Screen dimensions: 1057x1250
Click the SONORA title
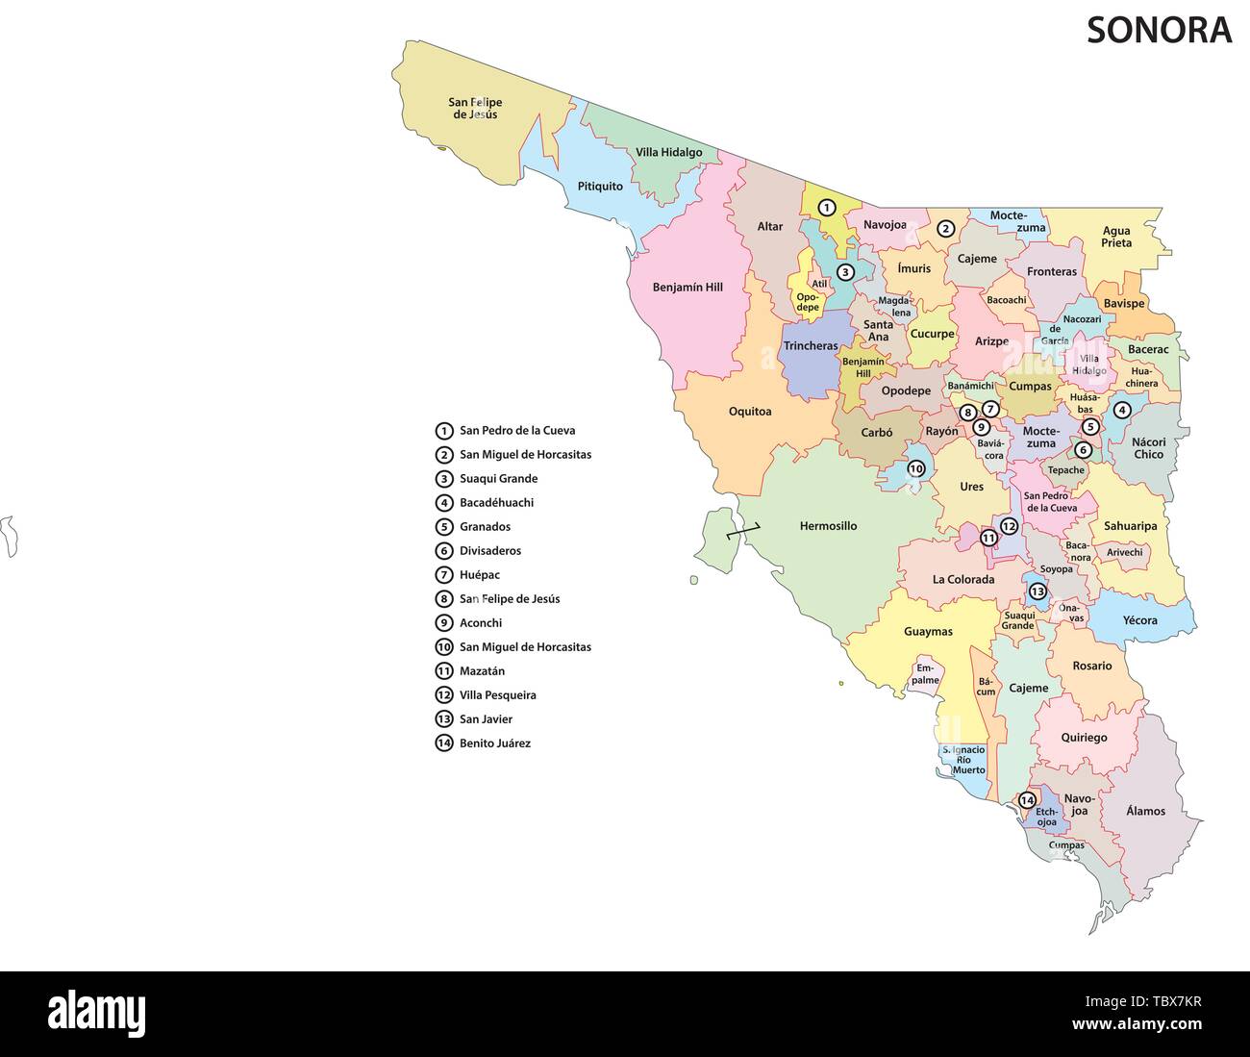[x=1159, y=30]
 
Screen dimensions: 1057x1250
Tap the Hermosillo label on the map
[x=828, y=526]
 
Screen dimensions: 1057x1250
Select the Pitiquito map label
[x=600, y=186]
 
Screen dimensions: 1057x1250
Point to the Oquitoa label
[x=750, y=412]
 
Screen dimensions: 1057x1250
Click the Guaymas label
[x=928, y=632]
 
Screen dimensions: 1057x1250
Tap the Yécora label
[x=1139, y=620]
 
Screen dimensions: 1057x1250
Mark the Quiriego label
[x=1084, y=738]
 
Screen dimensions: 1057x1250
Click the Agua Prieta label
[x=1116, y=237]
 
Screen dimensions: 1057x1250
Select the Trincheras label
[x=811, y=346]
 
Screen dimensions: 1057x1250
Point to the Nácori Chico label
[x=1148, y=448]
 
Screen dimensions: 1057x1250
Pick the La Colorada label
[x=963, y=579]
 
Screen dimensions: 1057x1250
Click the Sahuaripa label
[x=1130, y=526]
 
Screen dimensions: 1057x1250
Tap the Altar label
[x=769, y=227]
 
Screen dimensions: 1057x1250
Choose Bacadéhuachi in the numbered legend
[x=496, y=502]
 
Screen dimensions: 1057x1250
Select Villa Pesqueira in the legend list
[x=497, y=694]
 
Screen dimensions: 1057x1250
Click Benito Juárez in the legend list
[x=494, y=742]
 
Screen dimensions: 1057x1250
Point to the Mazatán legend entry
[x=482, y=670]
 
